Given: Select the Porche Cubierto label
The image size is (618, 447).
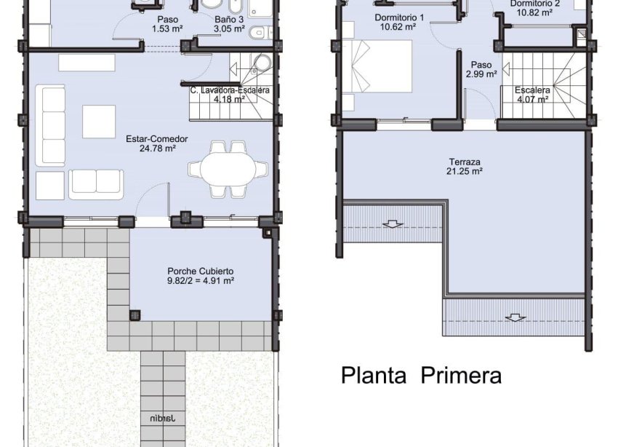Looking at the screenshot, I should click(x=201, y=269).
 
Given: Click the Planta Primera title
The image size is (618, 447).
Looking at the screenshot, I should click(x=421, y=376).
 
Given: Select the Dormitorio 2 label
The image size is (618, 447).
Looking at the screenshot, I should click(x=534, y=4).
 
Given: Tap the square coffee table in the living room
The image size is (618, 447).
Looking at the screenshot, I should click(x=99, y=122).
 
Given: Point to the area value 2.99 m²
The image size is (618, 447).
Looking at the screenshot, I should click(x=481, y=74).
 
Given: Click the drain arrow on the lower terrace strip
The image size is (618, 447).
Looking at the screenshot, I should click(x=515, y=317).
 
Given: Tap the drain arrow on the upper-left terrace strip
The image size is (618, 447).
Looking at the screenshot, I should click(x=393, y=223).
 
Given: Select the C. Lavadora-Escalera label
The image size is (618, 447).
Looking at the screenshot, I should click(x=230, y=90).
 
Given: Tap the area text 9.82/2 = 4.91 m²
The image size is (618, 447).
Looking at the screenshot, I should click(x=201, y=280).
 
